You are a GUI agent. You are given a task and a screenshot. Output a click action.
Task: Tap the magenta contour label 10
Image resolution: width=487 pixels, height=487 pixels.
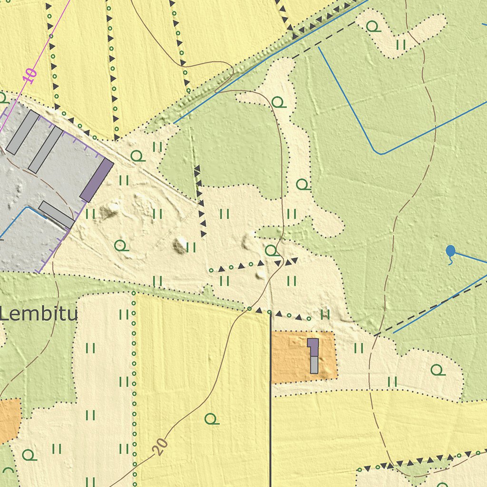pyautogui.click(x=29, y=76)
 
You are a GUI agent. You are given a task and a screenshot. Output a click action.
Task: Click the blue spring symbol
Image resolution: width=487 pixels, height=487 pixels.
pyautogui.click(x=450, y=251)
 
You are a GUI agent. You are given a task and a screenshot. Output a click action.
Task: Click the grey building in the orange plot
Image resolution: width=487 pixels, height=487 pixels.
pyautogui.click(x=314, y=364)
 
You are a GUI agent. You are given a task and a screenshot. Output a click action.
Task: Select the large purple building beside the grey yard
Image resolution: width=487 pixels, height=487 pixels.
pyautogui.click(x=97, y=180)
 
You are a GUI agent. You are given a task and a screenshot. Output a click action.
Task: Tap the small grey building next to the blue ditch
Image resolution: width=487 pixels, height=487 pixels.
pyautogui.click(x=56, y=214)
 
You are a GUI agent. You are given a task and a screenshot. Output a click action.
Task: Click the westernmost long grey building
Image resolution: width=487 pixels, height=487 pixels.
pyautogui.click(x=22, y=133)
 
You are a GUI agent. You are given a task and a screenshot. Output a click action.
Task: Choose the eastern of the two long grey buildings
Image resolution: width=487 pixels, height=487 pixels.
pyautogui.click(x=45, y=149)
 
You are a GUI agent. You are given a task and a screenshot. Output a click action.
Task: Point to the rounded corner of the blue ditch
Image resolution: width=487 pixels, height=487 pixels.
pyautogui.click(x=378, y=152)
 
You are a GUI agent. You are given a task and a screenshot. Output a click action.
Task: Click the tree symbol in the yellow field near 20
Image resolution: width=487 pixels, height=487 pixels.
pyautogui.click(x=212, y=419)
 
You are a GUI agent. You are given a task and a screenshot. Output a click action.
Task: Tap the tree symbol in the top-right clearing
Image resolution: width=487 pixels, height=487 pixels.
pyautogui.click(x=373, y=27)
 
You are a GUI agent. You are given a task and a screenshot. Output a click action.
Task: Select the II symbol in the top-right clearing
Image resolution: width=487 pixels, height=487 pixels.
pyautogui.click(x=401, y=45)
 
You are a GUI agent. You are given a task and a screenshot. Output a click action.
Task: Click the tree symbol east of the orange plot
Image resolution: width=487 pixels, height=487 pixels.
pyautogui.click(x=438, y=370)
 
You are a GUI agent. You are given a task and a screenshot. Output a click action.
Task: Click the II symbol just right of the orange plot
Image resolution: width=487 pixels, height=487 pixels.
pyautogui.click(x=359, y=348)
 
